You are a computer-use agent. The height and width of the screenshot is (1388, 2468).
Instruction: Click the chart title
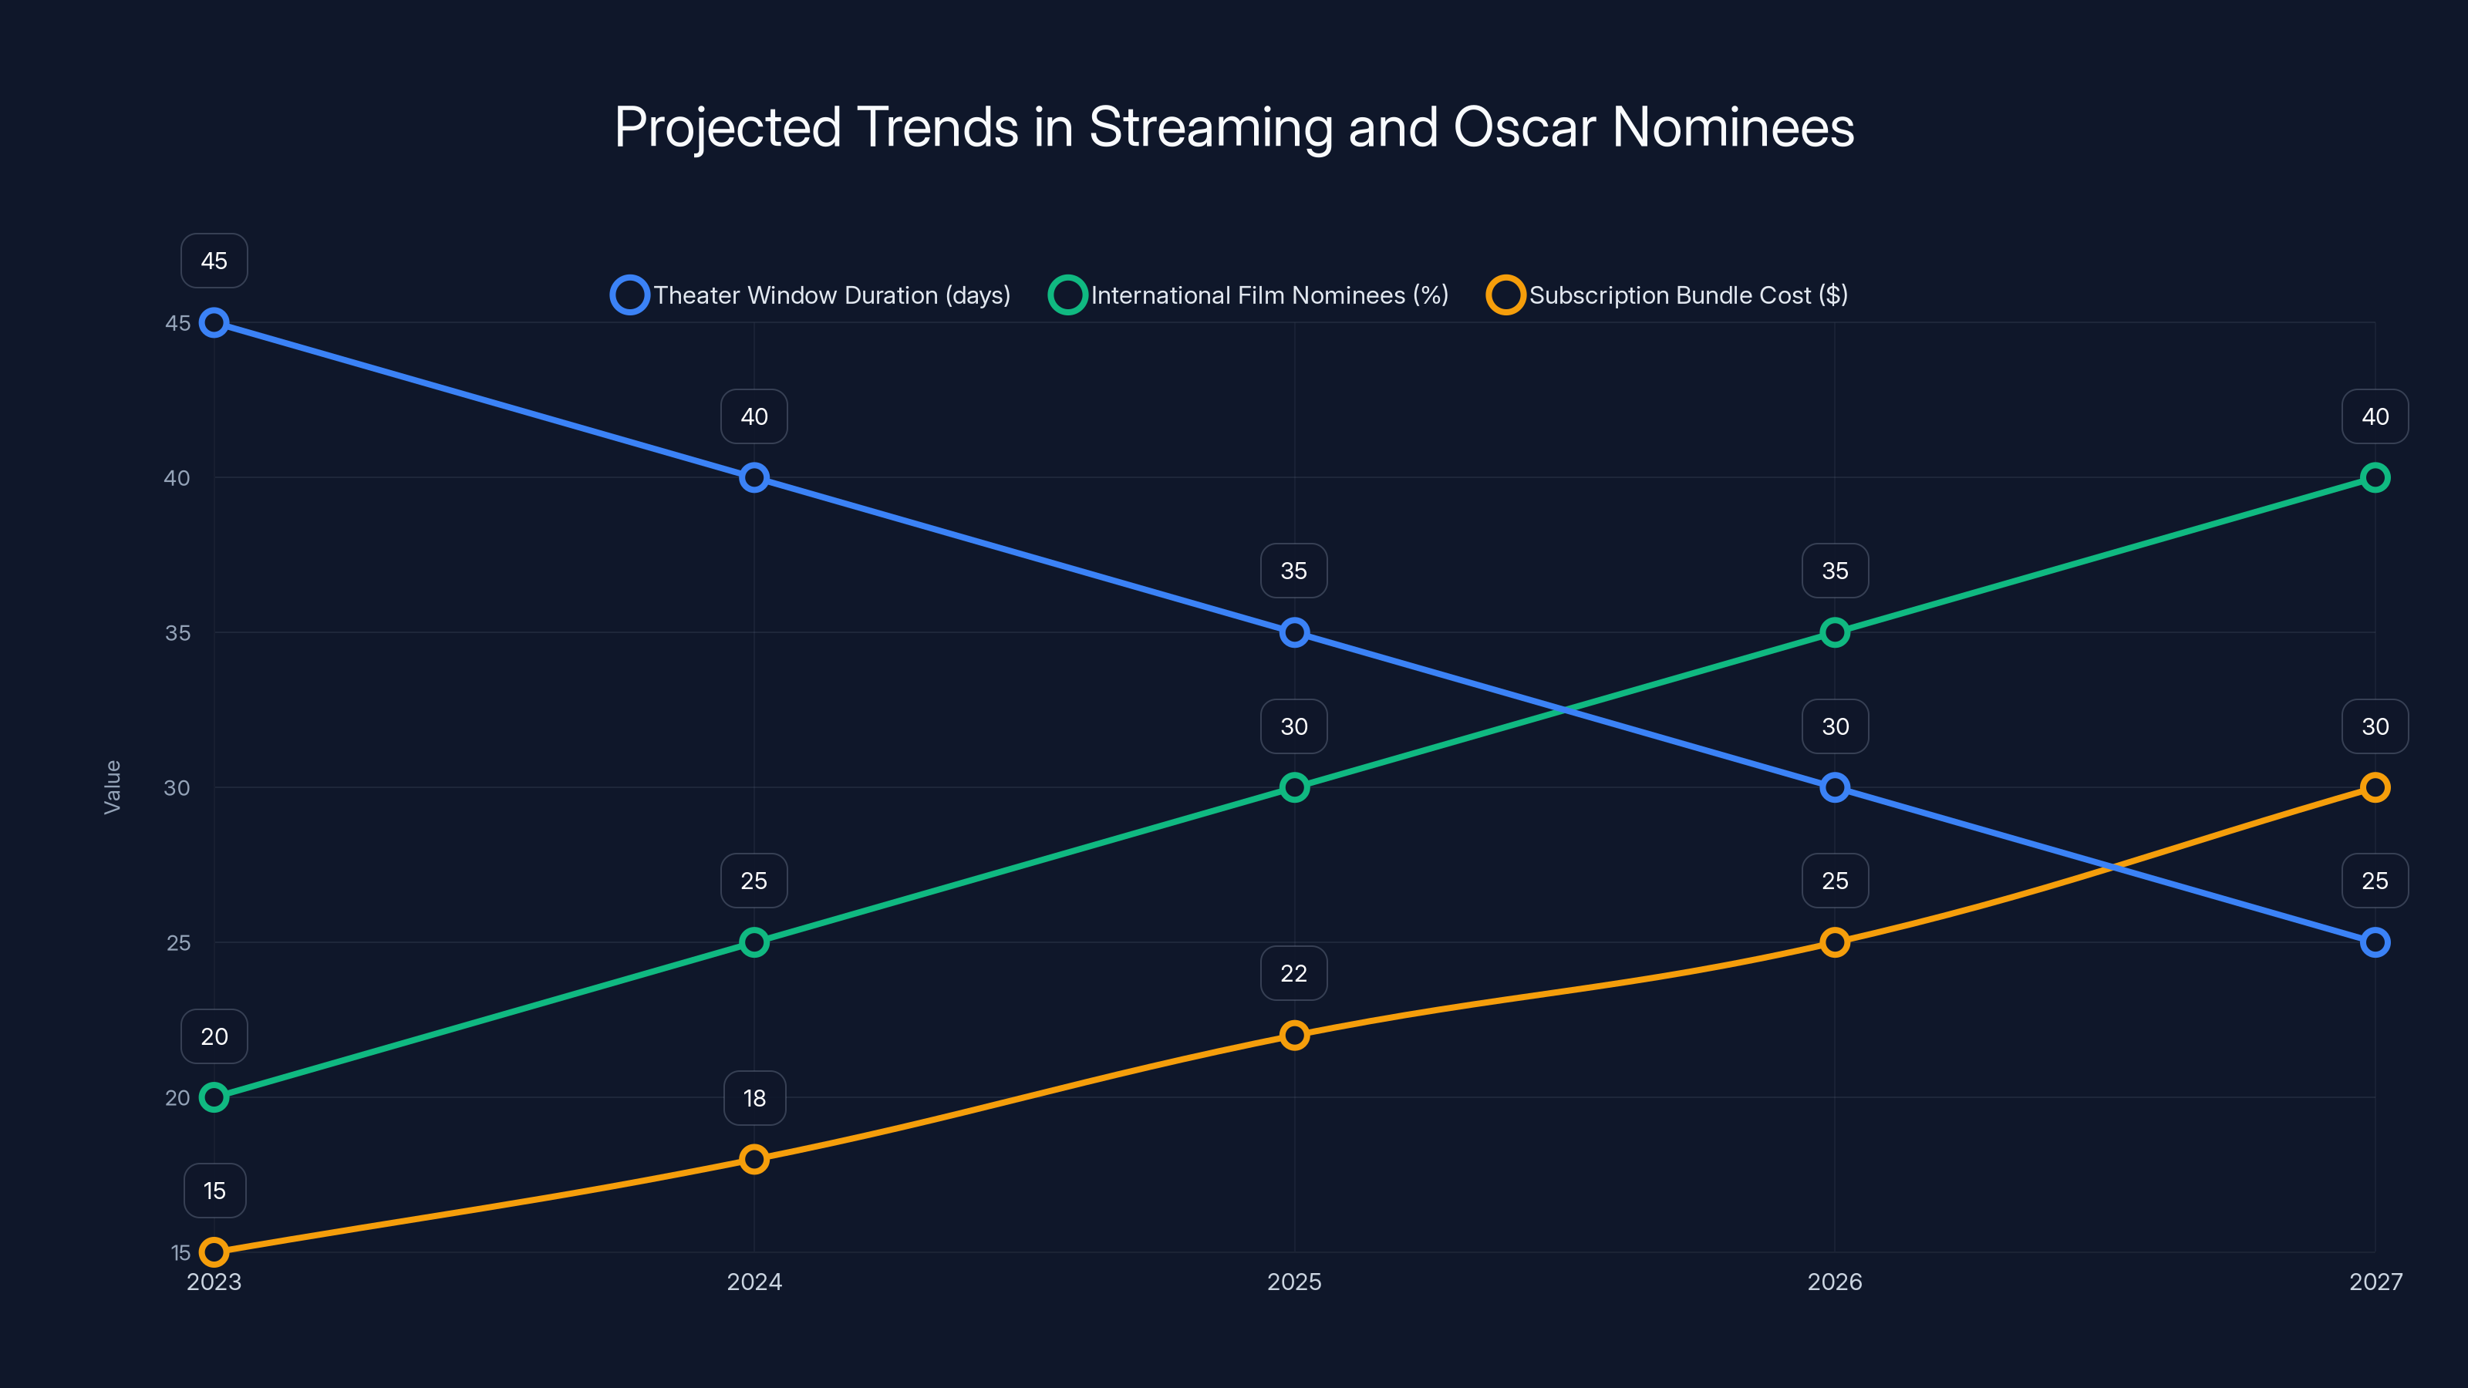pos(1234,127)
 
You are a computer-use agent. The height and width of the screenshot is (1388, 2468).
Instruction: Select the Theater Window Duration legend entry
pos(811,295)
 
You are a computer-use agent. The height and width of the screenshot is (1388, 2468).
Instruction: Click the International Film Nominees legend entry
pos(1249,295)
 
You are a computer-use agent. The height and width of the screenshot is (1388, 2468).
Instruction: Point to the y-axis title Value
pos(112,787)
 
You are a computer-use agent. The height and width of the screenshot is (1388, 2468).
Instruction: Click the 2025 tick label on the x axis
pos(1293,1282)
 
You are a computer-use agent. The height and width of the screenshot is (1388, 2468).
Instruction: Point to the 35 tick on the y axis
pos(177,633)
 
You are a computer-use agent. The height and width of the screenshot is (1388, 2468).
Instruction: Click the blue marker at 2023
pos(214,323)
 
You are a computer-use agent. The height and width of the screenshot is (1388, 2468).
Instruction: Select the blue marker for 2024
pos(754,477)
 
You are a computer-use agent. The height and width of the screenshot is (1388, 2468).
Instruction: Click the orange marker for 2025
pos(1293,1036)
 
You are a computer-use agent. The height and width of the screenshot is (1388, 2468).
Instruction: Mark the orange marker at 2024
pos(754,1159)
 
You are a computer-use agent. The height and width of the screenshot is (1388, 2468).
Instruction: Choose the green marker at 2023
pos(214,1097)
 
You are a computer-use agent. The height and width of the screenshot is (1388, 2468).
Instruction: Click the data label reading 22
pos(1293,973)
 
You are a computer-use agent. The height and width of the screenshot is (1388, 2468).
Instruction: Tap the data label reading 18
pos(754,1098)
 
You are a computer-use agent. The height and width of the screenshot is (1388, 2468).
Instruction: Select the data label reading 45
pos(214,261)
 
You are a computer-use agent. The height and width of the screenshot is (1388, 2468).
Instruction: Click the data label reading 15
pos(214,1191)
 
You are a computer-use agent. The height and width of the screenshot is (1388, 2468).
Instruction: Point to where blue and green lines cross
pos(1563,709)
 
